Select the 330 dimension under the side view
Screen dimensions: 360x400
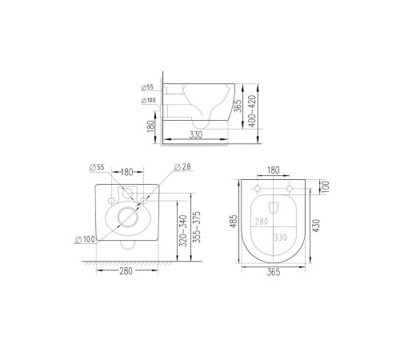pyautogui.click(x=196, y=135)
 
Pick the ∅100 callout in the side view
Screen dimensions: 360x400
pyautogui.click(x=147, y=99)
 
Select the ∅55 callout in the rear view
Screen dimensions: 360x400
pyautogui.click(x=95, y=167)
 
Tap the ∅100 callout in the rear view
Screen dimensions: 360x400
pyautogui.click(x=86, y=239)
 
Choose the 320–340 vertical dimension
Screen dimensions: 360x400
pyautogui.click(x=184, y=229)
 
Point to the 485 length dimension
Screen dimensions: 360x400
pyautogui.click(x=234, y=222)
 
